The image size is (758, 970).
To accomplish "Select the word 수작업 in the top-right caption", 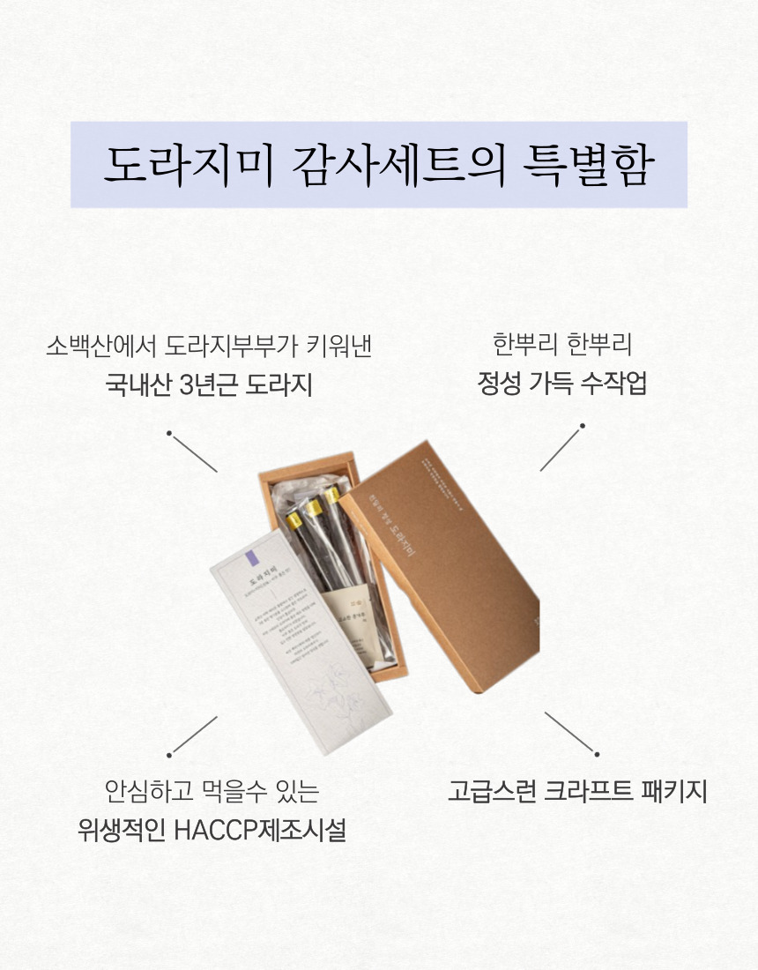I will click(x=614, y=384).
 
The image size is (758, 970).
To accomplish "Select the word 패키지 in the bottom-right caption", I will click(x=676, y=790).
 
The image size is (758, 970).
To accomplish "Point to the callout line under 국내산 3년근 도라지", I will click(x=193, y=452).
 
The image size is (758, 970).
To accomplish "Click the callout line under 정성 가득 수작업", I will click(x=561, y=448).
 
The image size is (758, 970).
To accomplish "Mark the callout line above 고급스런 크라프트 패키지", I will click(x=571, y=733).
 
